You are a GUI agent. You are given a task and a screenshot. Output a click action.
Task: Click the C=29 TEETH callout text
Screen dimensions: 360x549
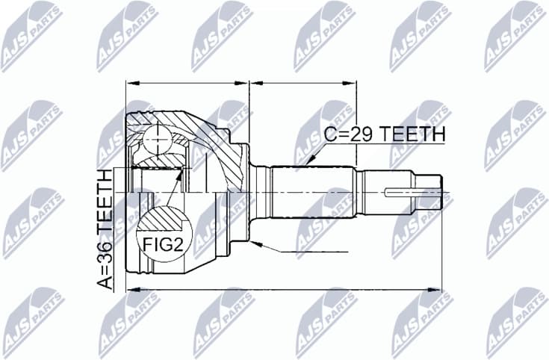point(384,135)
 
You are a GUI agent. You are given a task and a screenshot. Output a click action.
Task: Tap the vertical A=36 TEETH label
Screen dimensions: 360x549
point(106,229)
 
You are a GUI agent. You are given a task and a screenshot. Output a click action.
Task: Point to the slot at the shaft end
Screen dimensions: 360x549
point(399,193)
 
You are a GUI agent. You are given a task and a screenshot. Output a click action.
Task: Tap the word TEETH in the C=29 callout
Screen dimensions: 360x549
point(414,135)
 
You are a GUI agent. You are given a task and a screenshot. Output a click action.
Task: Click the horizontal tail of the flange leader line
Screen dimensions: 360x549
point(299,252)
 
